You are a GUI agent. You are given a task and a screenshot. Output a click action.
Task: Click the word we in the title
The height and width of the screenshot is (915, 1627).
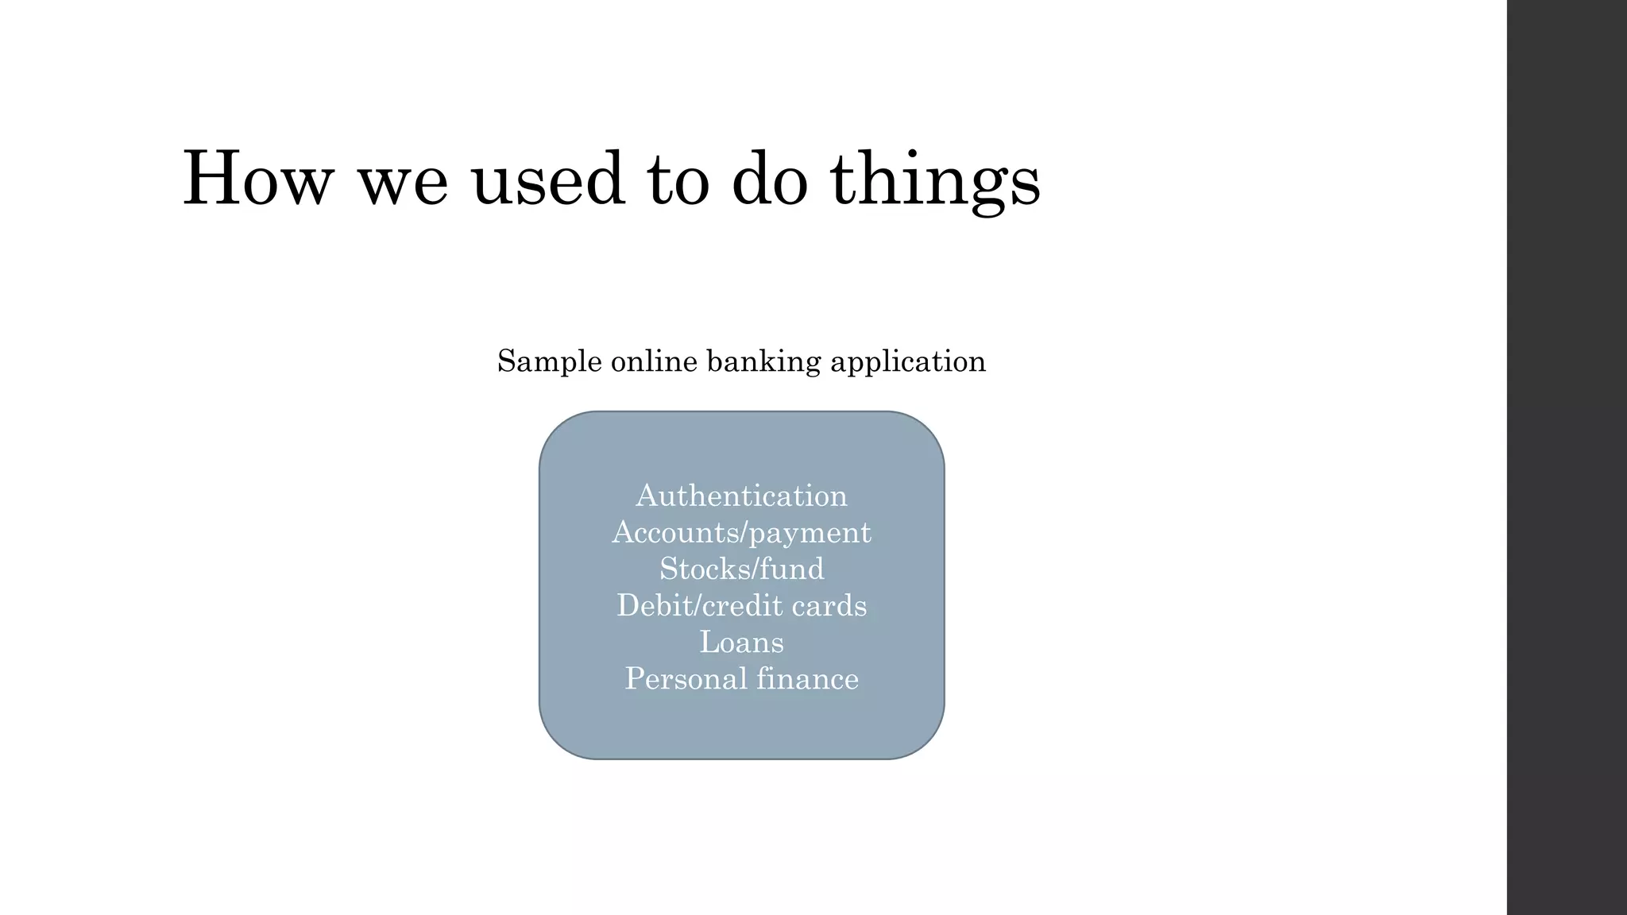[403, 184]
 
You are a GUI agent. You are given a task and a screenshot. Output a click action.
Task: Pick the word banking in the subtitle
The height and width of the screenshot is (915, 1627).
[763, 362]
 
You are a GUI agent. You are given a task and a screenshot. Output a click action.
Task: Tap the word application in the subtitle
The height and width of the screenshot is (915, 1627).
[908, 362]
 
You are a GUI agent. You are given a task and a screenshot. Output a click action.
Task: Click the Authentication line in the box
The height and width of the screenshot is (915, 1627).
[741, 496]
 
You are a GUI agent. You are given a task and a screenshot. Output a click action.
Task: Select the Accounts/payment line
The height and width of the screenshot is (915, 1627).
[741, 533]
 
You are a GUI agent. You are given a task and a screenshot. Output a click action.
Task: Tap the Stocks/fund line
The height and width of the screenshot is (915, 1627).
[741, 569]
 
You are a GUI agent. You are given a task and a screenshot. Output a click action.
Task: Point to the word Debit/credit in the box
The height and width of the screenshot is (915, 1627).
[698, 606]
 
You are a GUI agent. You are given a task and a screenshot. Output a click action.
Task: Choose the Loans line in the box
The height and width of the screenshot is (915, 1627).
[741, 643]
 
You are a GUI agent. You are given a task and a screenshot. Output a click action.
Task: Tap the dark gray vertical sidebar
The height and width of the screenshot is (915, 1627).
[1567, 457]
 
